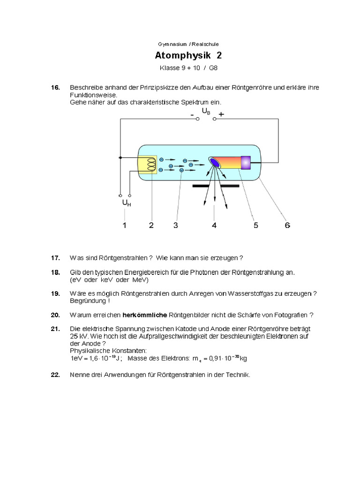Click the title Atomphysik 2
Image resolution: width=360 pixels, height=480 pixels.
188,56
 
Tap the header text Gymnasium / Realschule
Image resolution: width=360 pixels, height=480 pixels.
188,45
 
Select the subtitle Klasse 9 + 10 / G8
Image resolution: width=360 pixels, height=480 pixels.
188,68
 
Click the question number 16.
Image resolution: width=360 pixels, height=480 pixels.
55,88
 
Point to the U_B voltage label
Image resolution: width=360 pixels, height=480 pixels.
206,111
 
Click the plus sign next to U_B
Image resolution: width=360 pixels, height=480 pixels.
221,114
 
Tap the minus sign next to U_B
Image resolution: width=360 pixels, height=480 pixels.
192,114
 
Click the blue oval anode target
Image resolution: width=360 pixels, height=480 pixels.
215,162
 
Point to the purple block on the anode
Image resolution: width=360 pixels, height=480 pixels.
246,162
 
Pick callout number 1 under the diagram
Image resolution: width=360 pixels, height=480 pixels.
125,225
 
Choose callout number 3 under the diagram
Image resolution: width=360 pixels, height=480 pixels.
175,225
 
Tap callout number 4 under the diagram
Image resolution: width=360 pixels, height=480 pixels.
214,225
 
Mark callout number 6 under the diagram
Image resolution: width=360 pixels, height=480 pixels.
287,225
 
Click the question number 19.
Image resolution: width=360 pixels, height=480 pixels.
55,293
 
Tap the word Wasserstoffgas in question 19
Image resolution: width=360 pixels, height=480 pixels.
250,293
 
